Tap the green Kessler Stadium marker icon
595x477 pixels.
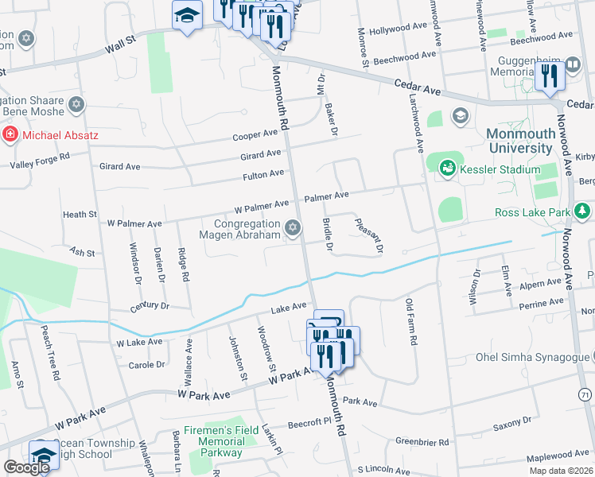(448, 168)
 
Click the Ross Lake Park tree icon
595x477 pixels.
(584, 211)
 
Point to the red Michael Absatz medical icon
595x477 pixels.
(10, 135)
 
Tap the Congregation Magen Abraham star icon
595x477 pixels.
(293, 229)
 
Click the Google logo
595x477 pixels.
(26, 467)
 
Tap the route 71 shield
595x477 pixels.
(585, 394)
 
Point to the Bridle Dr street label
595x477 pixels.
(327, 234)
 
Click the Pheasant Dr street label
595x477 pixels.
(368, 236)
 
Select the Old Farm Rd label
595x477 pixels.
(411, 321)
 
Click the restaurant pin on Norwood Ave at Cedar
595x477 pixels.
(550, 76)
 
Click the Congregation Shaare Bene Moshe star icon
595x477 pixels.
(76, 103)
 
